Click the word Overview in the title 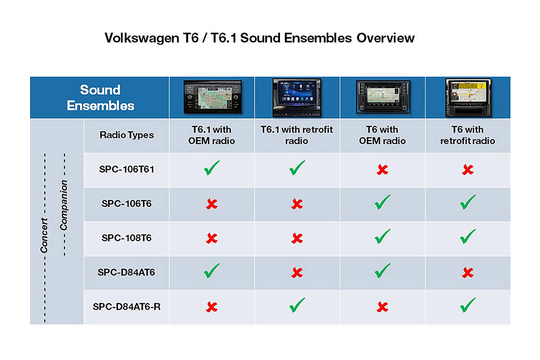386,38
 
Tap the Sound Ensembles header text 100,98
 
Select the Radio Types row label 126,135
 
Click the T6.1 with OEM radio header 211,135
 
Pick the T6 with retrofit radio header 468,135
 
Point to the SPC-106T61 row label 126,169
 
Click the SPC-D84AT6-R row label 126,307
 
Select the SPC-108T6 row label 126,238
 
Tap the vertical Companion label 63,205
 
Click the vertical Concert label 44,235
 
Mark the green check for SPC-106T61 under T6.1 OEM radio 211,167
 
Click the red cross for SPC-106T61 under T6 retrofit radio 468,170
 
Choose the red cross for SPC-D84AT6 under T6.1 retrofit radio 297,273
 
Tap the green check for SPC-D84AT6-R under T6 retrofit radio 468,305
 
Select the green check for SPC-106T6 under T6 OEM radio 382,202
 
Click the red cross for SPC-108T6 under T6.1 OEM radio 211,238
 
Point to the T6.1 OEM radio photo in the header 212,97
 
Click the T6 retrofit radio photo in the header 468,97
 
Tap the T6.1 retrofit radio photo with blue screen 297,97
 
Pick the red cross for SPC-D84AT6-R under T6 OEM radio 382,307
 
